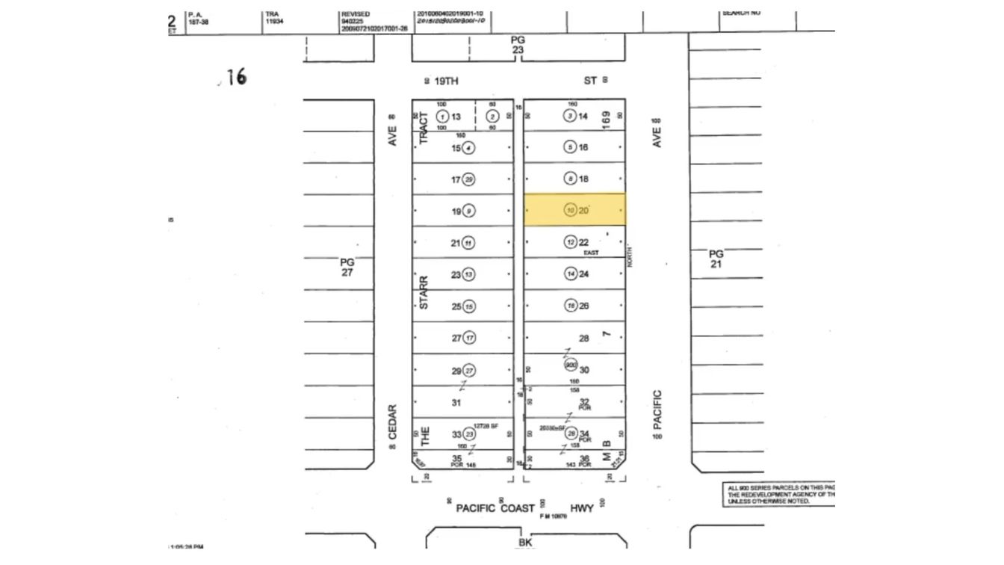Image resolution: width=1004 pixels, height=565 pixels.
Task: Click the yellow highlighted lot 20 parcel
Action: click(x=574, y=210)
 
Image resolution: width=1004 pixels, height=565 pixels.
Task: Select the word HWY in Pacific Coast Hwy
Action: click(x=581, y=508)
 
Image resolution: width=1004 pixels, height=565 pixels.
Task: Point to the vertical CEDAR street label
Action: click(x=393, y=422)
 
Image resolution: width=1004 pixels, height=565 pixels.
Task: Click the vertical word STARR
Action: click(x=424, y=292)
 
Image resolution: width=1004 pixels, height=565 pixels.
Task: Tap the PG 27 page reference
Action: click(x=347, y=267)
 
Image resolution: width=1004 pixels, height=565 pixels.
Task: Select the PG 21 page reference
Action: click(x=716, y=259)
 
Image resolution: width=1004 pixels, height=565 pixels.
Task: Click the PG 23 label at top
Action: click(x=518, y=44)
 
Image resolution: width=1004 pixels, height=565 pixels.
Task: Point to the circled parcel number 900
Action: click(x=571, y=365)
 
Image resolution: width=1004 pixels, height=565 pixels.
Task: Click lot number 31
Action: click(x=456, y=402)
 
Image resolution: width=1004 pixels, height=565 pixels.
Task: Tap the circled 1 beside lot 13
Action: click(x=442, y=117)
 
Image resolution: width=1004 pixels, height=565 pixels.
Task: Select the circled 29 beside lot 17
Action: click(x=468, y=179)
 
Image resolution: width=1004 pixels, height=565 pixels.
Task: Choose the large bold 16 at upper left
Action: click(x=236, y=77)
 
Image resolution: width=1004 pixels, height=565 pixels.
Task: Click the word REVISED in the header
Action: click(x=355, y=14)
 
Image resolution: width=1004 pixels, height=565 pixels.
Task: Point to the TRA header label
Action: click(x=271, y=14)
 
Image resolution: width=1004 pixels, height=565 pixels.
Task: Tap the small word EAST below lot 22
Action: click(x=591, y=253)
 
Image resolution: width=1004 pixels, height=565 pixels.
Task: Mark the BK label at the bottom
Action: click(x=525, y=543)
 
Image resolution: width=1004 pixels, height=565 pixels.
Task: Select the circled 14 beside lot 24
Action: click(x=571, y=274)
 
